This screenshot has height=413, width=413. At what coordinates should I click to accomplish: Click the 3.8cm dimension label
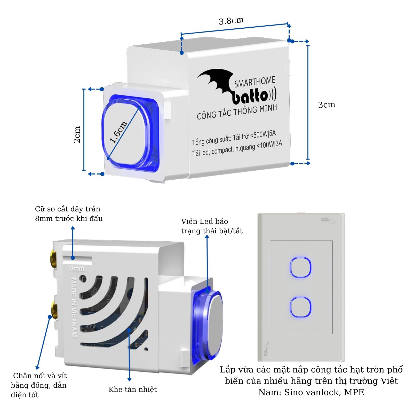point(231,21)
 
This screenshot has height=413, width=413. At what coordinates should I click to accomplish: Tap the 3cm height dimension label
point(327,105)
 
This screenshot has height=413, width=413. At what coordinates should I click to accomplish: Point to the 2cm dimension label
point(77,134)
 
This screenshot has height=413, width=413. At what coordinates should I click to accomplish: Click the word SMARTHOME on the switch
point(255,82)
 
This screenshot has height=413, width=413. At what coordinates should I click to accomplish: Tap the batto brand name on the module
point(250,97)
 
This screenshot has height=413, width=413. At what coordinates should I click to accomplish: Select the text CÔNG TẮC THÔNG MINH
point(237,112)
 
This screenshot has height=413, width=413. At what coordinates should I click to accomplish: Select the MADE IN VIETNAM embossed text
point(74,307)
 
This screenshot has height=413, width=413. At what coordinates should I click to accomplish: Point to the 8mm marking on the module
point(77,269)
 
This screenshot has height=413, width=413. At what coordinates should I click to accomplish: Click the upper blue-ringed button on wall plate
point(301,267)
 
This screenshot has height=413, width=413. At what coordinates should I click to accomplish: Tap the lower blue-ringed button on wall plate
point(300,307)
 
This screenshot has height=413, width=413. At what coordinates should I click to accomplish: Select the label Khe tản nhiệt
point(133,389)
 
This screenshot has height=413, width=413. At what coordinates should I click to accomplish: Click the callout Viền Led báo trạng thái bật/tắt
point(212,226)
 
